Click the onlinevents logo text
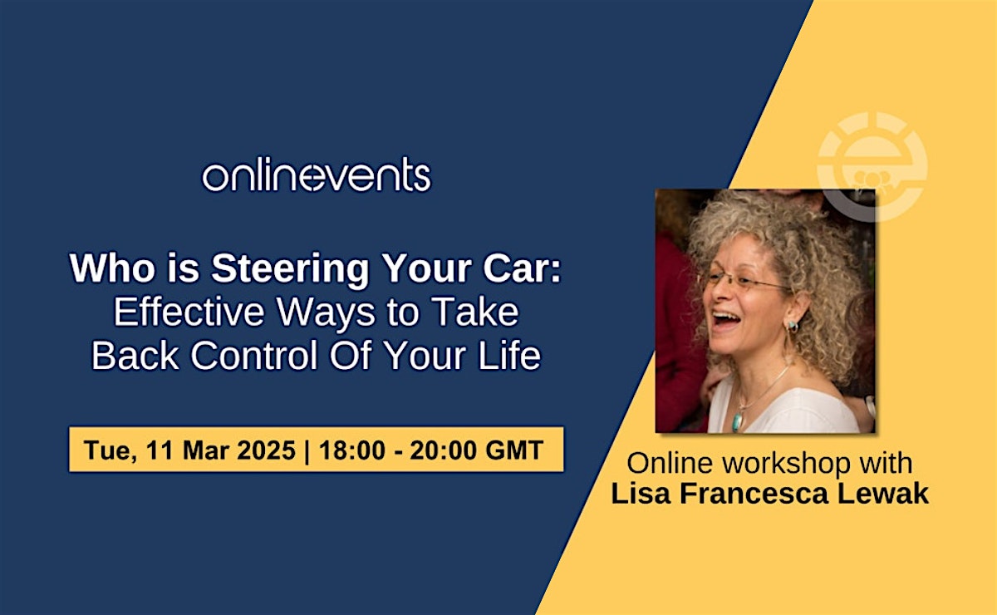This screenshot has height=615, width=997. [x=317, y=175]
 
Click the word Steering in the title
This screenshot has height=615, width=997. [x=290, y=268]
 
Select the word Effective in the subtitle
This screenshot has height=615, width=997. [x=189, y=312]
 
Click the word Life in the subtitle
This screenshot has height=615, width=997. [x=509, y=356]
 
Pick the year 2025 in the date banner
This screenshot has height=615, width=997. [x=266, y=450]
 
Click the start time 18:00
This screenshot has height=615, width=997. [x=352, y=450]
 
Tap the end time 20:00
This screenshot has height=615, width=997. [x=443, y=450]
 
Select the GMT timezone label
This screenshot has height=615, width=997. [x=514, y=450]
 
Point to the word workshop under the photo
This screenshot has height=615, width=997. [x=786, y=464]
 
